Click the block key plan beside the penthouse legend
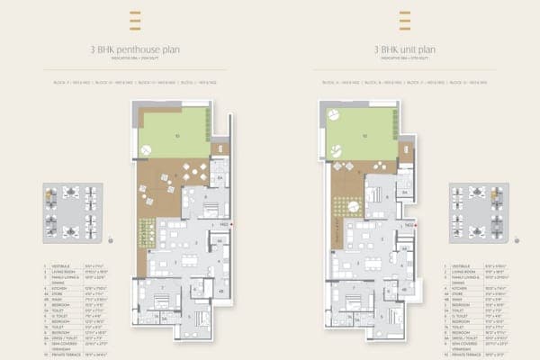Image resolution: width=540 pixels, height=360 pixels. [71, 212]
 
